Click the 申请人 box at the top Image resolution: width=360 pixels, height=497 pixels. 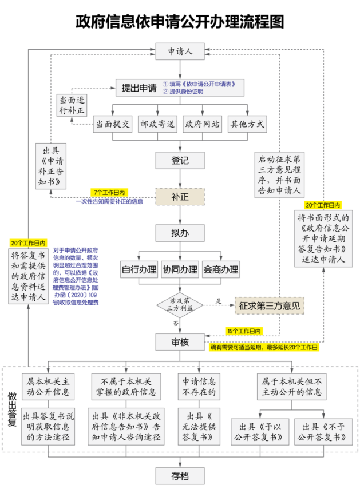tap(180, 51)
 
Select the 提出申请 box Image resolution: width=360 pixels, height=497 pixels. tap(139, 88)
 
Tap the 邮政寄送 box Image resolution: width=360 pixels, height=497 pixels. tap(158, 124)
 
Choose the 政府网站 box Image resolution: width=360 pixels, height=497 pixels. tap(202, 124)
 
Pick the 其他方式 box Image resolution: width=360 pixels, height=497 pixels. tap(247, 124)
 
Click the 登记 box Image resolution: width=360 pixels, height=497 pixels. tap(180, 160)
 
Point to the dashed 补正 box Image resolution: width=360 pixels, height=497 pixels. tap(180, 197)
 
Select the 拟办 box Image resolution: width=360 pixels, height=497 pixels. tap(180, 233)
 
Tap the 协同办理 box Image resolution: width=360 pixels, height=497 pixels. tap(180, 269)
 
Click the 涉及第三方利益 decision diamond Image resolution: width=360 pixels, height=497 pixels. tap(180, 305)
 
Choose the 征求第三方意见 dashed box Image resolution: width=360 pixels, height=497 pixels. tap(269, 305)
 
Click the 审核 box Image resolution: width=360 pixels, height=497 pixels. tap(180, 342)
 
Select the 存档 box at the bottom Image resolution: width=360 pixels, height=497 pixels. tap(180, 475)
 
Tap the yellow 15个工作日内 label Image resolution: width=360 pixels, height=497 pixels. tap(243, 331)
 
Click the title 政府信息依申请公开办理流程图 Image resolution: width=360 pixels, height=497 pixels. tap(180, 22)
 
